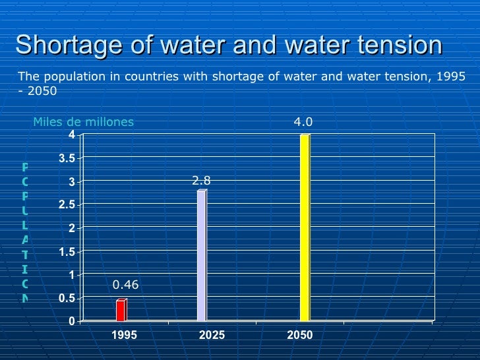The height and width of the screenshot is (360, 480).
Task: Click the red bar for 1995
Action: click(121, 310)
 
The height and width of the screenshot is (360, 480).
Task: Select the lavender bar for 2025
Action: click(202, 256)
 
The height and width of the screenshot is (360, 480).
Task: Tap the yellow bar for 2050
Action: click(305, 227)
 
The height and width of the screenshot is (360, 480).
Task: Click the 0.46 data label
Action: click(125, 285)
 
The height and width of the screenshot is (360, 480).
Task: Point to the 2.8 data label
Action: click(201, 179)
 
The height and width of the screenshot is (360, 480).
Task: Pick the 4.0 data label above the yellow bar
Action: click(303, 122)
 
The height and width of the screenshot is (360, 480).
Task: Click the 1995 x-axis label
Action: click(124, 335)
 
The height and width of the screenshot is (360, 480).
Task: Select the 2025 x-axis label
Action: click(212, 335)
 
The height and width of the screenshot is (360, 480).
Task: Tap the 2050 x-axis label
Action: click(300, 335)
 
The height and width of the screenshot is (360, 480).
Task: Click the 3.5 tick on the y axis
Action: click(67, 158)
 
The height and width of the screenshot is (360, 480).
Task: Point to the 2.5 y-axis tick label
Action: click(67, 205)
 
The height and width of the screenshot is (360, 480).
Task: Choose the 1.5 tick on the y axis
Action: click(67, 252)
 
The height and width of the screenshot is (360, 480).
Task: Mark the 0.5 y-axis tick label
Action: click(67, 299)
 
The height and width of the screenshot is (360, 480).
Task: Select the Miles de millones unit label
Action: click(84, 121)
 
